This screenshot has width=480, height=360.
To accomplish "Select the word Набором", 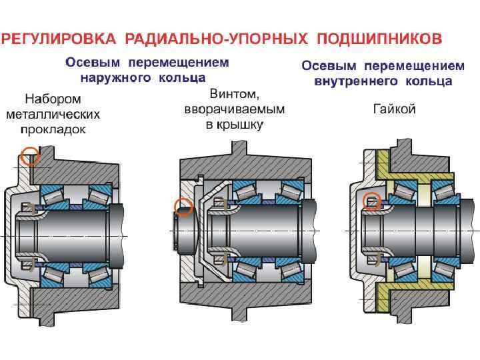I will tap(53, 100).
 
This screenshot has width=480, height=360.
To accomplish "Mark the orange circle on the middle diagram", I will tap(183, 207).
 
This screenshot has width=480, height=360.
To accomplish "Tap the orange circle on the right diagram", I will tap(373, 200).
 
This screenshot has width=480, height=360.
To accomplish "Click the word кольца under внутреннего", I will tap(432, 81).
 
